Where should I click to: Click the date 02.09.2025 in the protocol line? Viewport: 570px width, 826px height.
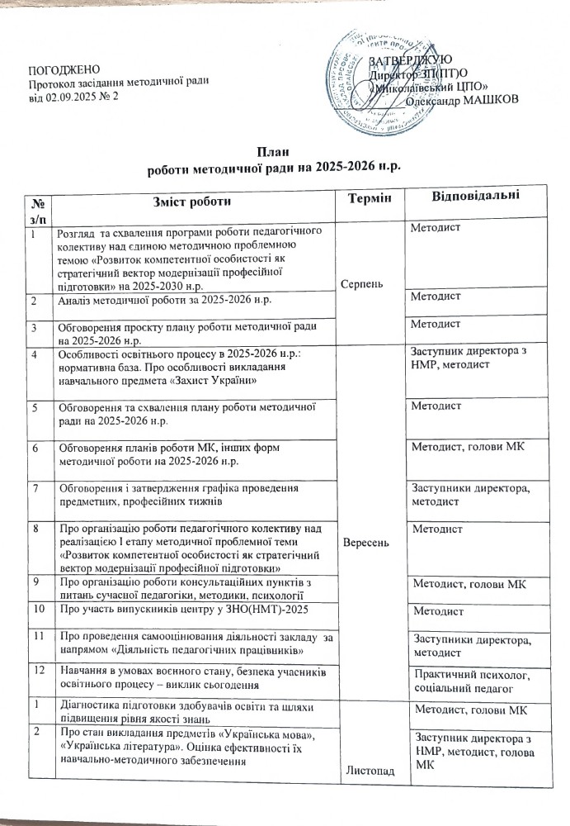pyautogui.click(x=72, y=97)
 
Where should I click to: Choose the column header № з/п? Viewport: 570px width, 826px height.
pyautogui.click(x=35, y=207)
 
